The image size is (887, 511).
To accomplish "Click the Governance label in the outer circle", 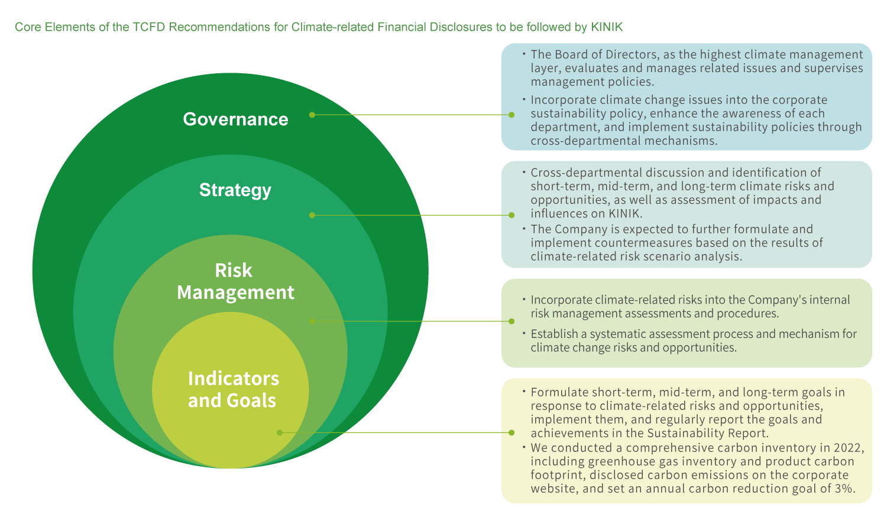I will click(235, 119).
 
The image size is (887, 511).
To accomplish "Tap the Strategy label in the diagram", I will click(235, 190).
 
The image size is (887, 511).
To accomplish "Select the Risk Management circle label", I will click(235, 281).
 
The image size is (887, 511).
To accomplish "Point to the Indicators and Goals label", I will click(233, 389).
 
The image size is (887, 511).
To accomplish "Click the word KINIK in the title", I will click(606, 27).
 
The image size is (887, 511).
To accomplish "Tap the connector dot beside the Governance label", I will click(312, 115).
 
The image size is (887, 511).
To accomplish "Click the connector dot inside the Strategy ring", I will click(312, 215).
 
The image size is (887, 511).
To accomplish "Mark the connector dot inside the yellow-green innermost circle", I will click(280, 432).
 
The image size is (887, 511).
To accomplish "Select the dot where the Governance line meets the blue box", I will click(512, 115).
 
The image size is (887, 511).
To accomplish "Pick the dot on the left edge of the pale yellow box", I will click(512, 432).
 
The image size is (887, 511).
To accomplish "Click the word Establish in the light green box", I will click(553, 334).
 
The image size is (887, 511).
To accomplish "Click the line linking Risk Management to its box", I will click(414, 321).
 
